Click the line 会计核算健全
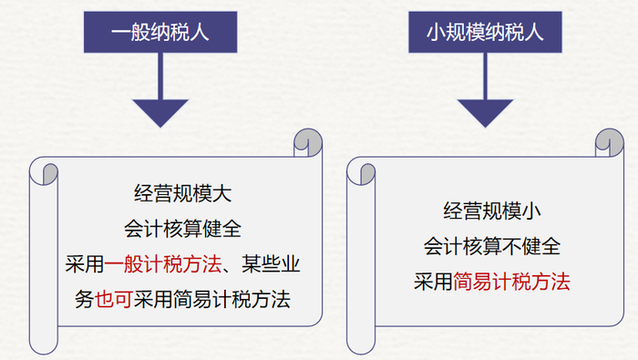click(x=182, y=229)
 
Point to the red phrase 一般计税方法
click(x=163, y=264)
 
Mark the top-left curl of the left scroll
click(x=45, y=171)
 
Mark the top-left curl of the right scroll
click(x=362, y=171)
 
